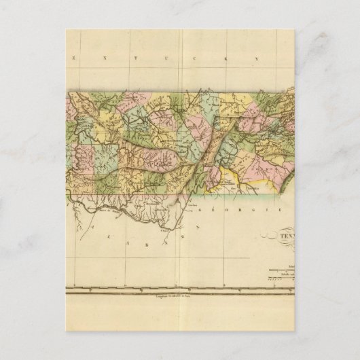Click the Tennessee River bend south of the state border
point(163,216)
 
